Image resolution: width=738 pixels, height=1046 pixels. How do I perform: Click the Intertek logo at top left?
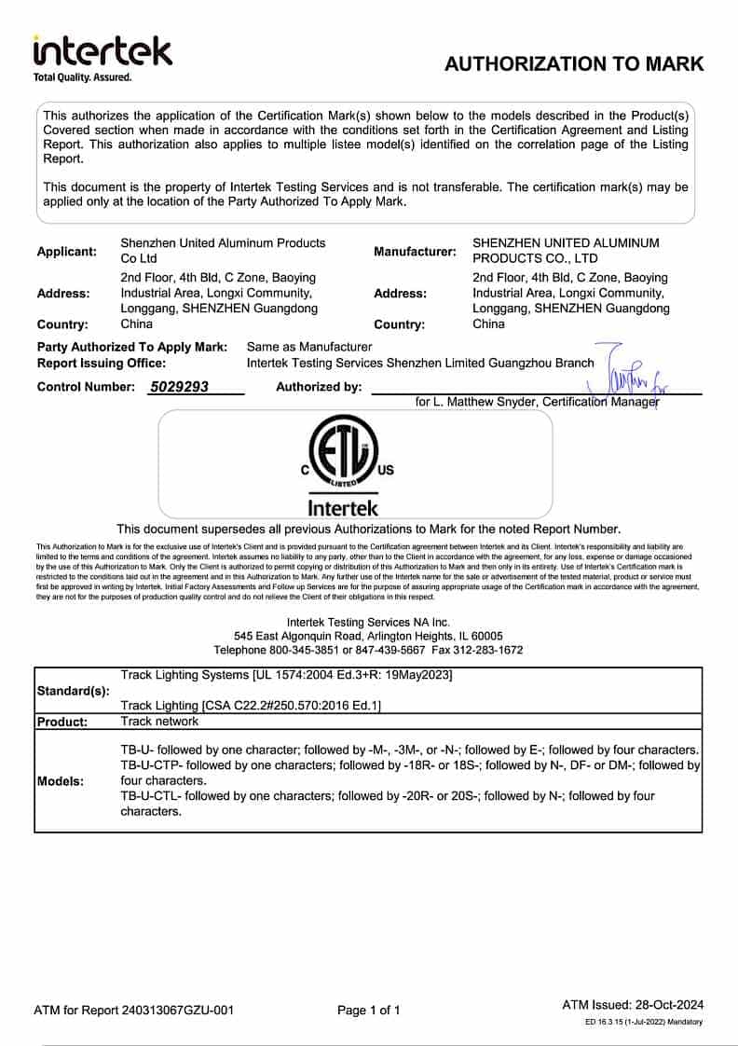point(102,51)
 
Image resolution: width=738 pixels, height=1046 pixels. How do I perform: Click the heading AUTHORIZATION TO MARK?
point(574,64)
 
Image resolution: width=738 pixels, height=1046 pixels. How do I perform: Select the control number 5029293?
point(179,387)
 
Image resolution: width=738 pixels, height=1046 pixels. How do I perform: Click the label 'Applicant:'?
point(67,252)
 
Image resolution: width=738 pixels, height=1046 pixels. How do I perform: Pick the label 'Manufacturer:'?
point(416,252)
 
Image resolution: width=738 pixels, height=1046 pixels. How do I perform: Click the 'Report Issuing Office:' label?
point(102,364)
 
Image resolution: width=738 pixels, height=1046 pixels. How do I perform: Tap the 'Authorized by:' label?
point(319,387)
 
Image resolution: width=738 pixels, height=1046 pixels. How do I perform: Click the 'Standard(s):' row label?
point(73,691)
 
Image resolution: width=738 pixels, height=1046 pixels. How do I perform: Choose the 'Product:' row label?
point(62,722)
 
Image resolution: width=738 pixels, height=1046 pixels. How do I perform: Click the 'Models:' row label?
point(61,781)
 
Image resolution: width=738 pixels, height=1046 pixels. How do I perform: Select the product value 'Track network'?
point(159,722)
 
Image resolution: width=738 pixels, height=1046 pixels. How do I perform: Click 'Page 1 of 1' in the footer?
point(369,1010)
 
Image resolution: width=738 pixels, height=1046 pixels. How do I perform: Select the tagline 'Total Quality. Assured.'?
point(83,77)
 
